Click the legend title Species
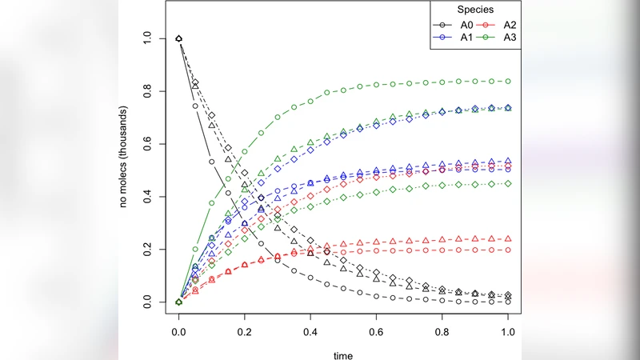click(474, 10)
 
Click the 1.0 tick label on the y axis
click(145, 38)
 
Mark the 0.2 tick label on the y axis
click(145, 250)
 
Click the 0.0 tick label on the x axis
click(179, 330)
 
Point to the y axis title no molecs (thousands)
click(124, 170)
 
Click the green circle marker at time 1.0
click(507, 82)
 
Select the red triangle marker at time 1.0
click(507, 239)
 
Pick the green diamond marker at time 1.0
click(507, 183)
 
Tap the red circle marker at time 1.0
click(507, 250)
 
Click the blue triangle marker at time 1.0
click(507, 161)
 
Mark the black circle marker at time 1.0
click(507, 302)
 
